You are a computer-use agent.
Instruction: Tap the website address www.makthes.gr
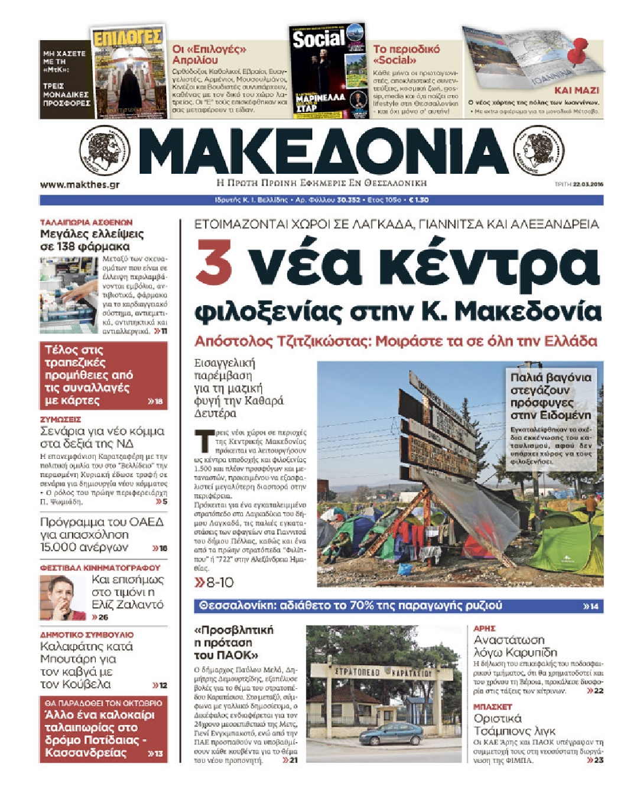click(80, 184)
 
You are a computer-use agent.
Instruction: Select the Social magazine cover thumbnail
click(328, 72)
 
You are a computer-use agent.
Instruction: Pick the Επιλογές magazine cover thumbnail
click(128, 72)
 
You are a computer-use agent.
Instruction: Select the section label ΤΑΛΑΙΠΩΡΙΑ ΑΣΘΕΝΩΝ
click(86, 222)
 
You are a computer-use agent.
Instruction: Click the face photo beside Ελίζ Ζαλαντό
click(63, 597)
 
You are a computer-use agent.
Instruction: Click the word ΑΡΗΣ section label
click(484, 628)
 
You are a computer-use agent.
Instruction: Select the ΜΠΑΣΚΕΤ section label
click(492, 707)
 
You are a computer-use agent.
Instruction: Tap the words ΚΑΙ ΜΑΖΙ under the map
click(576, 90)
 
